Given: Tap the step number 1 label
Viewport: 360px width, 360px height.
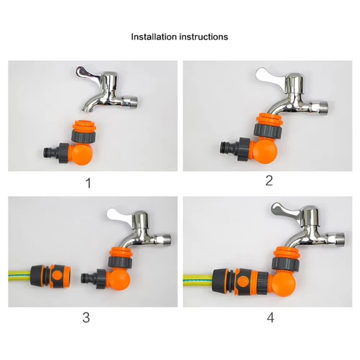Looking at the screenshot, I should pyautogui.click(x=88, y=183).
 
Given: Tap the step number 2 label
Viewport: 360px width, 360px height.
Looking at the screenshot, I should pyautogui.click(x=269, y=181).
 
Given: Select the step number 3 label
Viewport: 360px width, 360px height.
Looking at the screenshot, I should pyautogui.click(x=86, y=318).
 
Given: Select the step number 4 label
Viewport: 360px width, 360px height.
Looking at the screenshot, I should pyautogui.click(x=270, y=318).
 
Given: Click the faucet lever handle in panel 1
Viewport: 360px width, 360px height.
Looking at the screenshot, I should pyautogui.click(x=84, y=73).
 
